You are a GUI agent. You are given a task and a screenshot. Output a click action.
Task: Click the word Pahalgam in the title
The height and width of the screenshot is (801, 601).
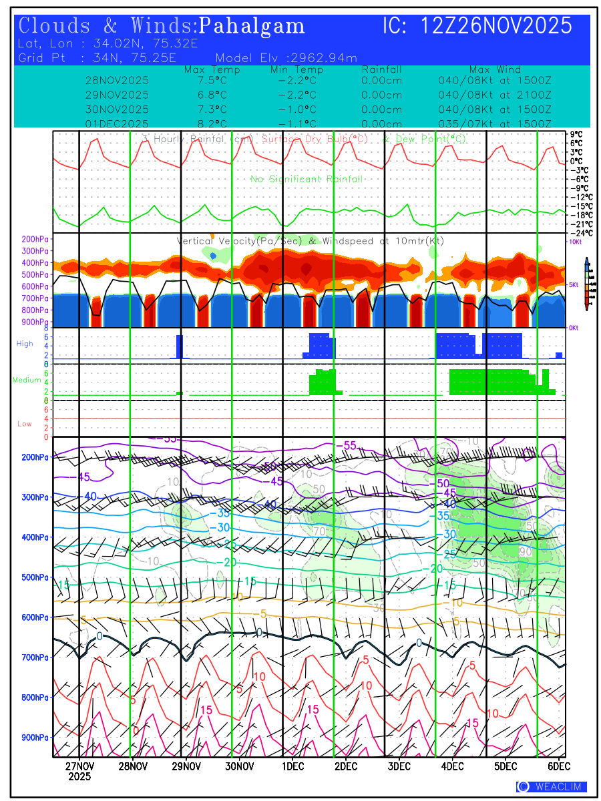click(252, 26)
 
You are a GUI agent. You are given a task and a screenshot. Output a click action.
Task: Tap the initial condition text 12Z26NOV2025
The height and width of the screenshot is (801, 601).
click(496, 26)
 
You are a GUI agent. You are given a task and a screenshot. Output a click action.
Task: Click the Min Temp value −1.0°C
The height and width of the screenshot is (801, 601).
click(296, 109)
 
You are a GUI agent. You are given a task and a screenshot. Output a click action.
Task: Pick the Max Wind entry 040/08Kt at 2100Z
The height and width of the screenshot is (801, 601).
click(495, 94)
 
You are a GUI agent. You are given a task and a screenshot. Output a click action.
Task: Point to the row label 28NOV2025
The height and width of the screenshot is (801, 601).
click(118, 80)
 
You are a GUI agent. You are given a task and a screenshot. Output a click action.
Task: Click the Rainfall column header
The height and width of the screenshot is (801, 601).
click(381, 70)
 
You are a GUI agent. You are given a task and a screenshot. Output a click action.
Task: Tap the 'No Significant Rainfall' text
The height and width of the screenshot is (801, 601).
click(307, 179)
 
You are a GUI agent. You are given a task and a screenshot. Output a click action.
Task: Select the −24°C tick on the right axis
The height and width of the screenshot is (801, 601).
click(576, 232)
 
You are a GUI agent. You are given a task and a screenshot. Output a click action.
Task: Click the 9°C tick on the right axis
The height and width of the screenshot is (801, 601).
click(576, 133)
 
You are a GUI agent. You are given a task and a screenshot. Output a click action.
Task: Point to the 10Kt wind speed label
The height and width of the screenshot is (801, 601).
click(576, 242)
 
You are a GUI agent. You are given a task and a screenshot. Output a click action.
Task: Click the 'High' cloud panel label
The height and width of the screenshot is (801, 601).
click(25, 344)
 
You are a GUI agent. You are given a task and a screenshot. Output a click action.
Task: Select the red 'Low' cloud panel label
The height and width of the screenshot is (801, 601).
click(25, 424)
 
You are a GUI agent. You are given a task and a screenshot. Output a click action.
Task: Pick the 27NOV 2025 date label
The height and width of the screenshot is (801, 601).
click(79, 770)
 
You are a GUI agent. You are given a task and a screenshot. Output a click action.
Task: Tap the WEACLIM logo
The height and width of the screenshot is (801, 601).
click(552, 786)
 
